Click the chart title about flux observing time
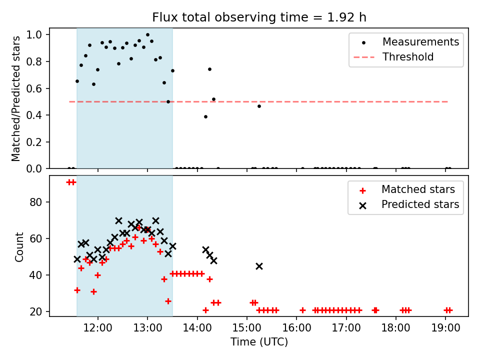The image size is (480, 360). [x=259, y=17]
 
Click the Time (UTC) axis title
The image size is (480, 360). [x=259, y=342]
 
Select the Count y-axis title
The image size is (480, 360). [x=19, y=246]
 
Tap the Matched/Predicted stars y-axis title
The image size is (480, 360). [x=16, y=98]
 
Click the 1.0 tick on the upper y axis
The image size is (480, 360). [x=37, y=35]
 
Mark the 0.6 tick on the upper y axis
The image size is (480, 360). [x=37, y=88]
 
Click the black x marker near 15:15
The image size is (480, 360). [x=259, y=266]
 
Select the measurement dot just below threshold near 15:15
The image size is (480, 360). [x=259, y=106]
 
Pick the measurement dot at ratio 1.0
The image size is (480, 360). [x=147, y=35]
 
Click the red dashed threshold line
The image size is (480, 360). [x=300, y=101]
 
